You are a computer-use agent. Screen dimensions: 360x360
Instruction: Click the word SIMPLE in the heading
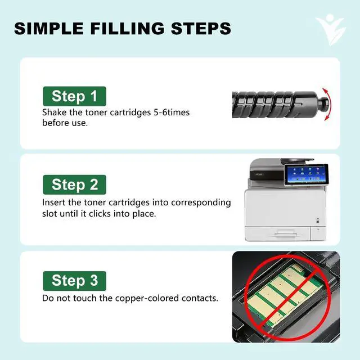pyautogui.click(x=49, y=29)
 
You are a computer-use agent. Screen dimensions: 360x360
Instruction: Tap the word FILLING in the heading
pyautogui.click(x=128, y=29)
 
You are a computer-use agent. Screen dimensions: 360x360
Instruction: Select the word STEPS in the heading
pyautogui.click(x=201, y=29)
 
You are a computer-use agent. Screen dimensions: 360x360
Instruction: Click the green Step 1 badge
pyautogui.click(x=74, y=96)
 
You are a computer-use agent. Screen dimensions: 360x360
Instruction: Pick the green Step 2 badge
pyautogui.click(x=74, y=184)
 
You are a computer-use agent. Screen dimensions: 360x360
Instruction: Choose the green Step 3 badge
pyautogui.click(x=74, y=281)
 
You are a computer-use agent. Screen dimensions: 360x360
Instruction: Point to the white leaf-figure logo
pyautogui.click(x=331, y=29)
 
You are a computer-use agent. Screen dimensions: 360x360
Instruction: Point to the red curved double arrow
pyautogui.click(x=328, y=104)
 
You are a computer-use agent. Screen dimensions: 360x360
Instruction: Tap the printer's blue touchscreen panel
pyautogui.click(x=306, y=174)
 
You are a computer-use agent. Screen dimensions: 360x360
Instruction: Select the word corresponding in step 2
pyautogui.click(x=201, y=203)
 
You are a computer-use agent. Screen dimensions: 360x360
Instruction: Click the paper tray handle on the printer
pyautogui.click(x=285, y=234)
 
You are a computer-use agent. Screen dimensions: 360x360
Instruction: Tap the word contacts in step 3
pyautogui.click(x=200, y=299)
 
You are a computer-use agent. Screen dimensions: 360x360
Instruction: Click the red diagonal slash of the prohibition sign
pyautogui.click(x=287, y=299)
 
